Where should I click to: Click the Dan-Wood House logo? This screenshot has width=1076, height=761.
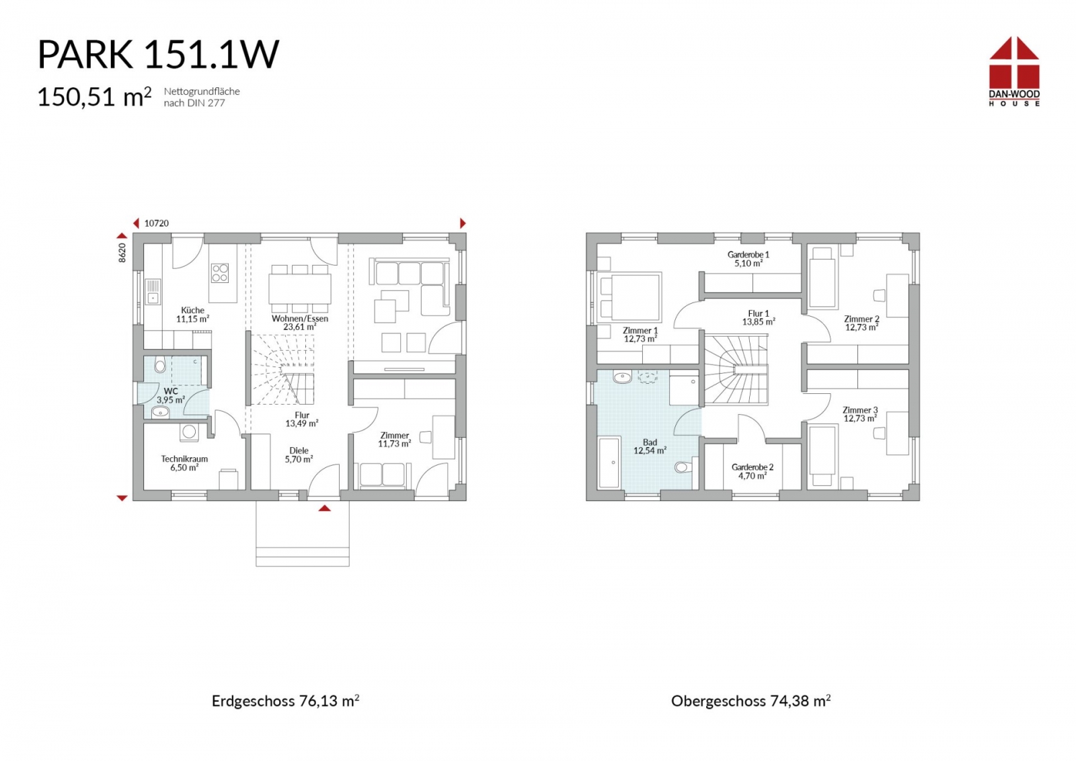click(x=1014, y=71)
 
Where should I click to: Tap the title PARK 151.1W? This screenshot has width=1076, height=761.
click(x=158, y=54)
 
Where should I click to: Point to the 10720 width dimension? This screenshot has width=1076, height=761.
click(x=157, y=223)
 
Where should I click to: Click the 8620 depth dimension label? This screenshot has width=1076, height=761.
click(x=122, y=253)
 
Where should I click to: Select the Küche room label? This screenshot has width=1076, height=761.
click(x=192, y=310)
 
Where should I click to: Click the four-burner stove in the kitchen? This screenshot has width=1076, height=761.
click(x=220, y=273)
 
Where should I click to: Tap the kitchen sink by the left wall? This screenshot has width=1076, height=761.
click(x=153, y=292)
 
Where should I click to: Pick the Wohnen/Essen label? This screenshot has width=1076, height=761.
click(x=300, y=319)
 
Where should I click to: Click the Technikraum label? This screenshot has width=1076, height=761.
click(x=184, y=459)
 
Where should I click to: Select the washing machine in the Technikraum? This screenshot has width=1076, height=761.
click(x=189, y=432)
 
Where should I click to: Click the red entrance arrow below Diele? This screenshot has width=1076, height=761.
click(x=325, y=508)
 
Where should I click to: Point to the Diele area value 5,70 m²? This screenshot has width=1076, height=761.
click(x=299, y=459)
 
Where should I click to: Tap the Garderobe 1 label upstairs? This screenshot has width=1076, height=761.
click(x=748, y=255)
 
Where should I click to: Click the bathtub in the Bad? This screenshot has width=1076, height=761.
click(x=609, y=463)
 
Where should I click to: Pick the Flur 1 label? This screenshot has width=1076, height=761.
click(x=759, y=313)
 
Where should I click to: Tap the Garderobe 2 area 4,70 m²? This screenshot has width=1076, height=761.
click(x=753, y=476)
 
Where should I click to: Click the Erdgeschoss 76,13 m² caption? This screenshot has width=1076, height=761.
click(x=285, y=701)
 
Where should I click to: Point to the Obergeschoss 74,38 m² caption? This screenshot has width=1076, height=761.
click(x=751, y=701)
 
